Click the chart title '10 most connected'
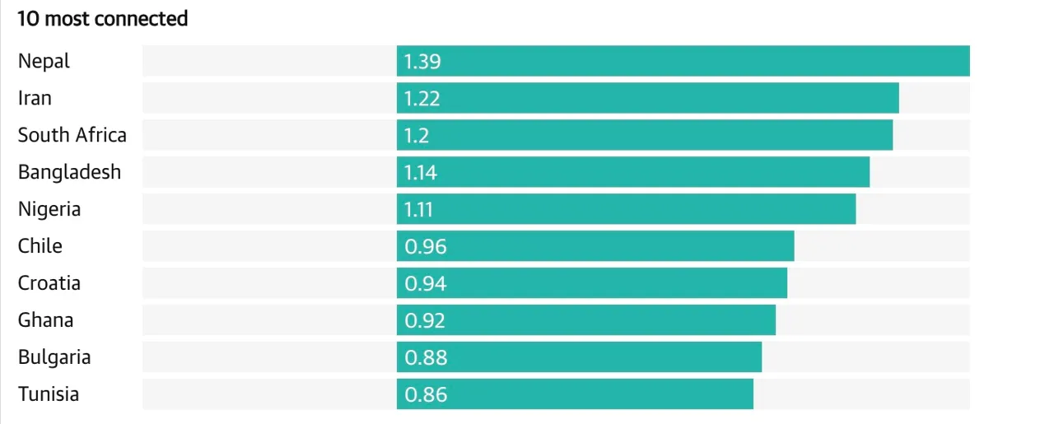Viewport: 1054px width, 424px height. [x=103, y=19]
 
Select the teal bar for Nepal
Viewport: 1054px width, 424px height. [x=683, y=61]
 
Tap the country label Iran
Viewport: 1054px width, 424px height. [x=35, y=98]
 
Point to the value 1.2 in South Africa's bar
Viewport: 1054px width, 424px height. [x=417, y=135]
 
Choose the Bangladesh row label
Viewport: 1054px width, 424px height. [x=70, y=172]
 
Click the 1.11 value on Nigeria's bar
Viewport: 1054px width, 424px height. [x=418, y=209]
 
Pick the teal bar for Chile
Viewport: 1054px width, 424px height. [x=595, y=245]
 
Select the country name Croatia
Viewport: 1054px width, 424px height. [x=49, y=283]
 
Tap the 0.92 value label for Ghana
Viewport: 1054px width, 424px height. [x=425, y=320]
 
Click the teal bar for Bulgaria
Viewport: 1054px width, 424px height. [x=579, y=356]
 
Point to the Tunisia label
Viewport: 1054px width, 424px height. [x=49, y=394]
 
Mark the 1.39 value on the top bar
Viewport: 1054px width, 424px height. [x=422, y=61]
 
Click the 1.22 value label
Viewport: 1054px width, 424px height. [x=422, y=98]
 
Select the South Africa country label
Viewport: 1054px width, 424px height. [x=72, y=135]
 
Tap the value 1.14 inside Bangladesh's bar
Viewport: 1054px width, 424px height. [x=420, y=172]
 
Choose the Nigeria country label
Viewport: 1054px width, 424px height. [x=49, y=209]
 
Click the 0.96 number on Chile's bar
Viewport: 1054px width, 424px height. [x=426, y=246]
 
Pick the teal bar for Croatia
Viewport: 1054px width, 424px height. [x=592, y=283]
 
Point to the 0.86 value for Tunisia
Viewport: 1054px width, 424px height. [x=426, y=394]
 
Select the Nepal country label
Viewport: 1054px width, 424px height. [x=44, y=61]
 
